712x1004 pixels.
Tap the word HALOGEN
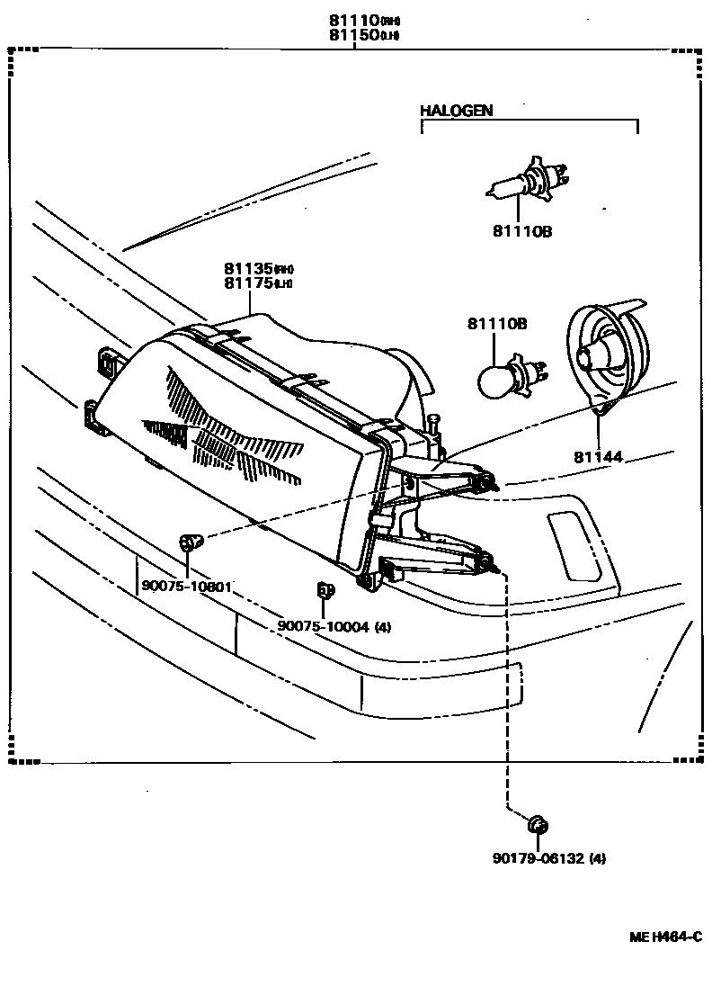[x=457, y=111]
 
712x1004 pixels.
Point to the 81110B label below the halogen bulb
[x=521, y=231]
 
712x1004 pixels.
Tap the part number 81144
[x=599, y=456]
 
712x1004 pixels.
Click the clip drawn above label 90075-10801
[x=190, y=542]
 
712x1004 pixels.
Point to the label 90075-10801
[x=187, y=587]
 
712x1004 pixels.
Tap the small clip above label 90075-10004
[x=325, y=591]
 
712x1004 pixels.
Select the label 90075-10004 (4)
[x=334, y=626]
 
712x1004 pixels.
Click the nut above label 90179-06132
[x=538, y=823]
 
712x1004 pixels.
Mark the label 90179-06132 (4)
[x=548, y=858]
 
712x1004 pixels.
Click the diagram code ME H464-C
[x=664, y=937]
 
